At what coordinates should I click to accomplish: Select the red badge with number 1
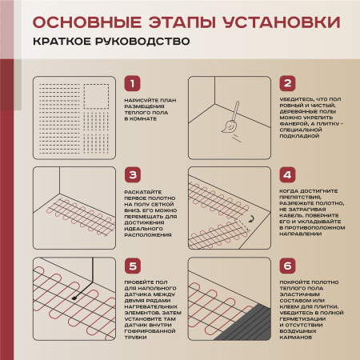point(134,84)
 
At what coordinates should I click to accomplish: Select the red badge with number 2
point(287,84)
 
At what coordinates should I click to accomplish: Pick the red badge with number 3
point(134,174)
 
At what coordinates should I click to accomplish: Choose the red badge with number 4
point(287,174)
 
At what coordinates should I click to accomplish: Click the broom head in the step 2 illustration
point(227,126)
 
